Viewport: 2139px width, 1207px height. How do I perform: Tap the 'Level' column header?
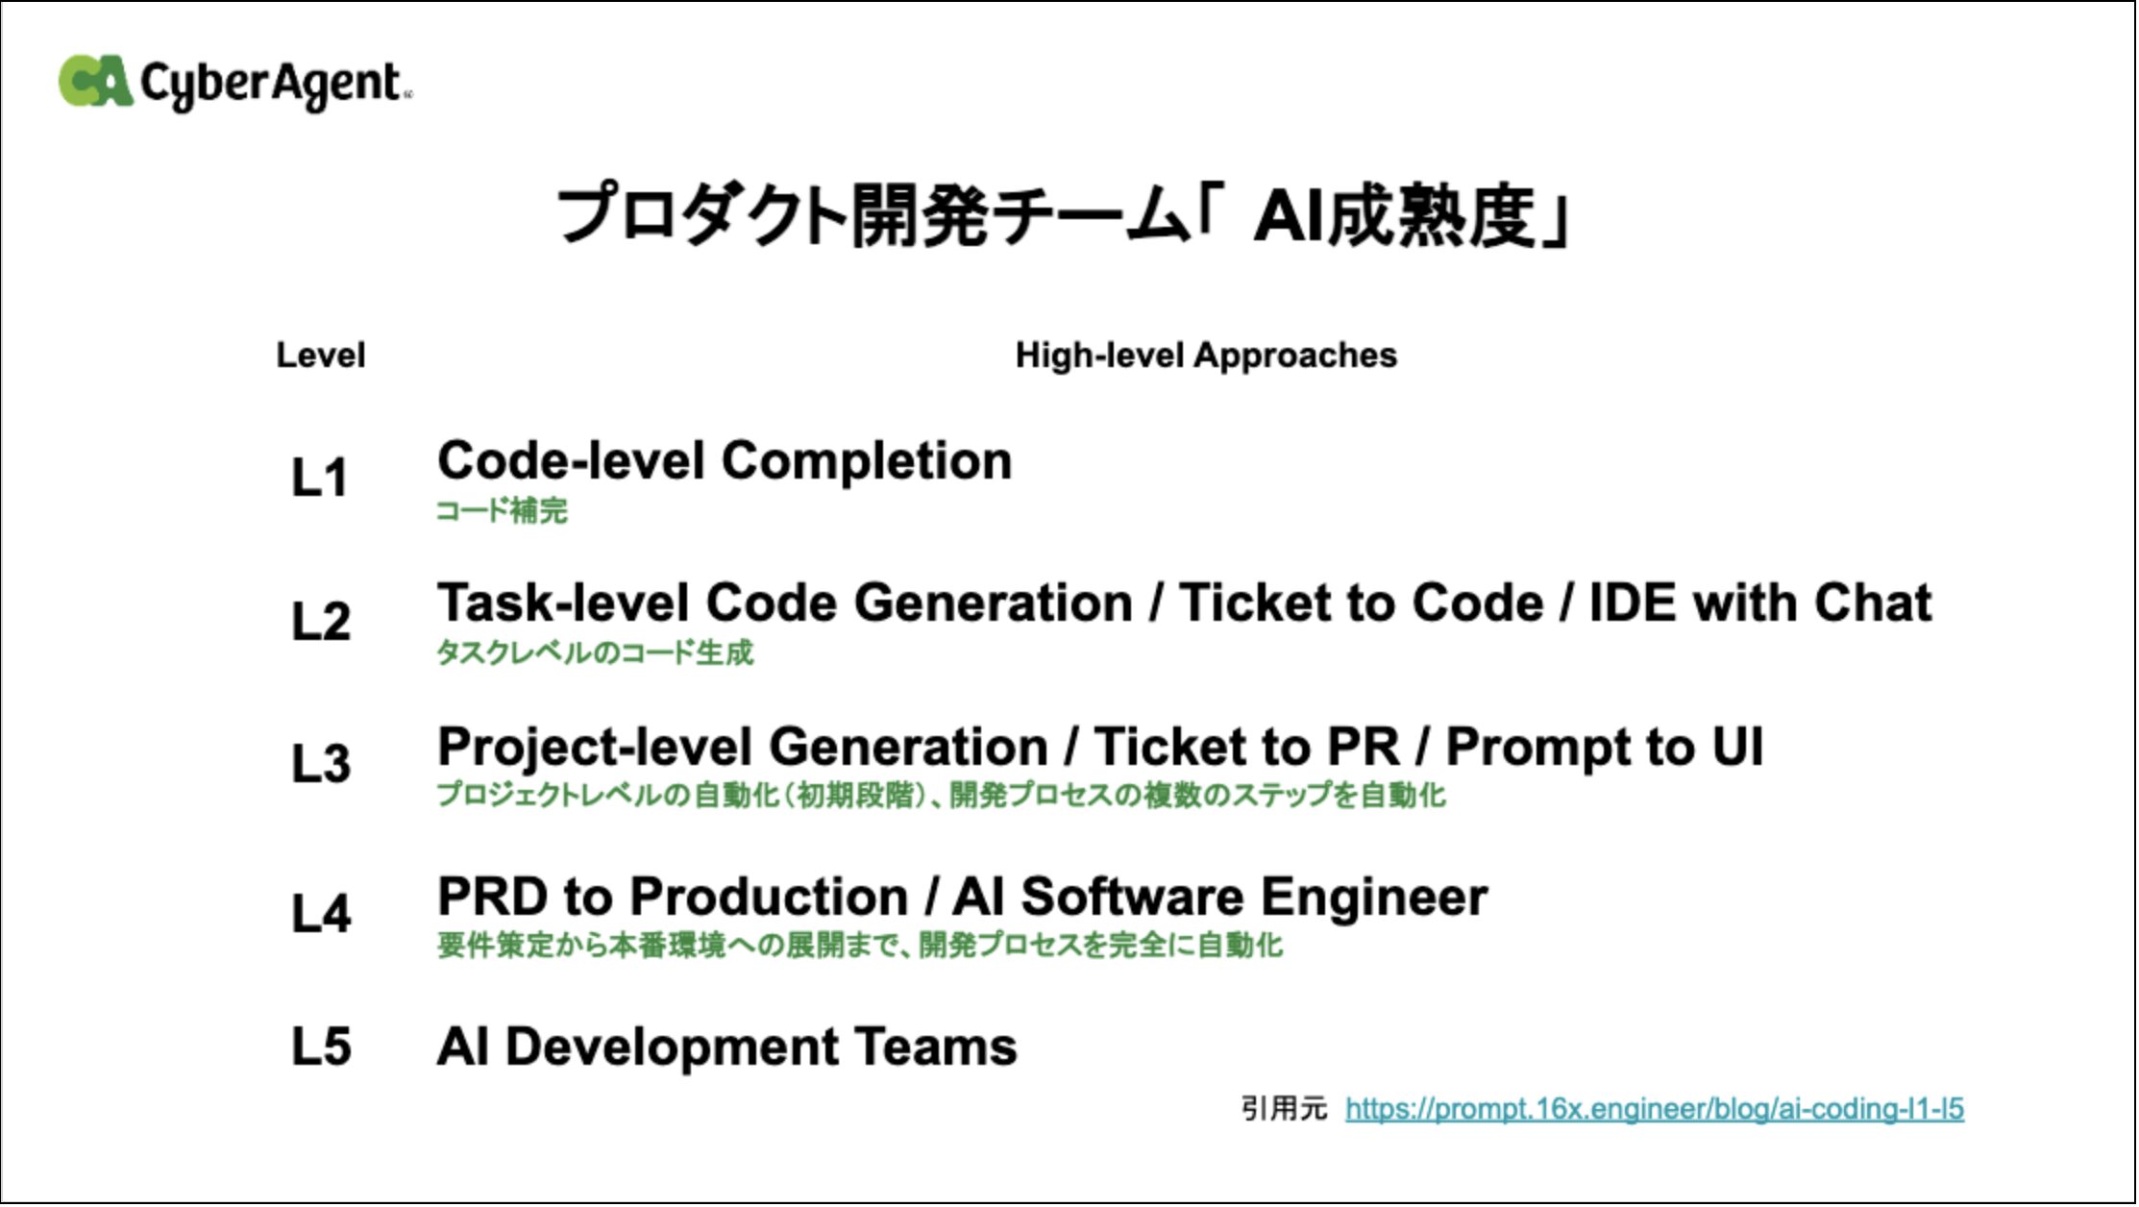(321, 356)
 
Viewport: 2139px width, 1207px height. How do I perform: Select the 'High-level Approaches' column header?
(1206, 357)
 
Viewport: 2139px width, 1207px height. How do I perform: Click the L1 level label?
(319, 478)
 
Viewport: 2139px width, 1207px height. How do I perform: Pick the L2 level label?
(321, 621)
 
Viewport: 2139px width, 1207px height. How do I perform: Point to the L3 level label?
(321, 764)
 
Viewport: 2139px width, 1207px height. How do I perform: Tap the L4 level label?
(321, 913)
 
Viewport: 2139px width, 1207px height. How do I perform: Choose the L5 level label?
(321, 1046)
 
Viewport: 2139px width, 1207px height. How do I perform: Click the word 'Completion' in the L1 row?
(867, 462)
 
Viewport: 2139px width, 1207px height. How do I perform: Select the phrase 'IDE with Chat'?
(1760, 603)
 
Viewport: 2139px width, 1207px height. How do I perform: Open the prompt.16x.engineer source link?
(1655, 1110)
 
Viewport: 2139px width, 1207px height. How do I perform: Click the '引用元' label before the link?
(1284, 1109)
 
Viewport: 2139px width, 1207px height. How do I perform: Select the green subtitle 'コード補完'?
(502, 510)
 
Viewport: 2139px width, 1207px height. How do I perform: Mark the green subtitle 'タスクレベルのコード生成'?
(595, 653)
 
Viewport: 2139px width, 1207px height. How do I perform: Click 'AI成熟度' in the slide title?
(1394, 216)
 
